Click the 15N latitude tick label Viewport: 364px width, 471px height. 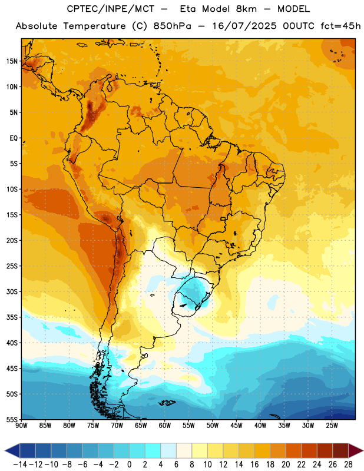12,61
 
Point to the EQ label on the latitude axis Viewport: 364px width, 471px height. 14,138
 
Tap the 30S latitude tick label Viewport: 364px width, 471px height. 12,291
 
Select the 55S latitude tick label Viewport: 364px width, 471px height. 12,420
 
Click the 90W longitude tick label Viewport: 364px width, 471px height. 22,425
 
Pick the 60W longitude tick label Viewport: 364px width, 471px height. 165,425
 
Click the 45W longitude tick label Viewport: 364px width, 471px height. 237,425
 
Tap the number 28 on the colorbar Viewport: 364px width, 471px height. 348,465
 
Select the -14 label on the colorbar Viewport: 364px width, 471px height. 20,465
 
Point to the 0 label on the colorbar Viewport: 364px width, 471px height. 129,465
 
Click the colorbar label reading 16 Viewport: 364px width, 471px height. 254,465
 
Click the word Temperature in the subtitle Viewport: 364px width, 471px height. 94,26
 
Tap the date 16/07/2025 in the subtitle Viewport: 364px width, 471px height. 244,26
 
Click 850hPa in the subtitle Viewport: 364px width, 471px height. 172,26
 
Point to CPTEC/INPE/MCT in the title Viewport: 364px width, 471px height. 111,9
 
